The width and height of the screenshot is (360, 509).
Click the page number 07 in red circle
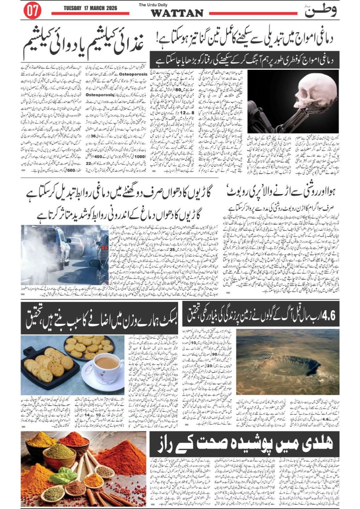[32, 11]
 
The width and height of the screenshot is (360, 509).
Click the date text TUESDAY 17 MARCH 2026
[90, 8]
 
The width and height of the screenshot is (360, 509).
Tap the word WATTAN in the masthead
[177, 13]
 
